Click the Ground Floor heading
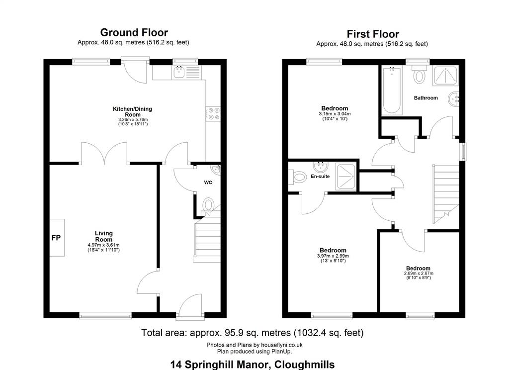(134, 32)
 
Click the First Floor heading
(373, 34)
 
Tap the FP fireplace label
(56, 238)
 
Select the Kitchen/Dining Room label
(132, 112)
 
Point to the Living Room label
(104, 236)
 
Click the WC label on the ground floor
(208, 182)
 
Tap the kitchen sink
(179, 72)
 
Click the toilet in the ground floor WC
(208, 205)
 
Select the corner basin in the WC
(216, 169)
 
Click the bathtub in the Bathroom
(392, 90)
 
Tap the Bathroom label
(426, 98)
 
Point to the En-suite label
(320, 177)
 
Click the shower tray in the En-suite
(346, 177)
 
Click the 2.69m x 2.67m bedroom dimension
(419, 274)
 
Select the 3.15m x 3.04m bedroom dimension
(335, 114)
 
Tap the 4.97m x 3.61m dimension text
(103, 245)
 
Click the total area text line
(252, 333)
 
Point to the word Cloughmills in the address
(305, 365)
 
